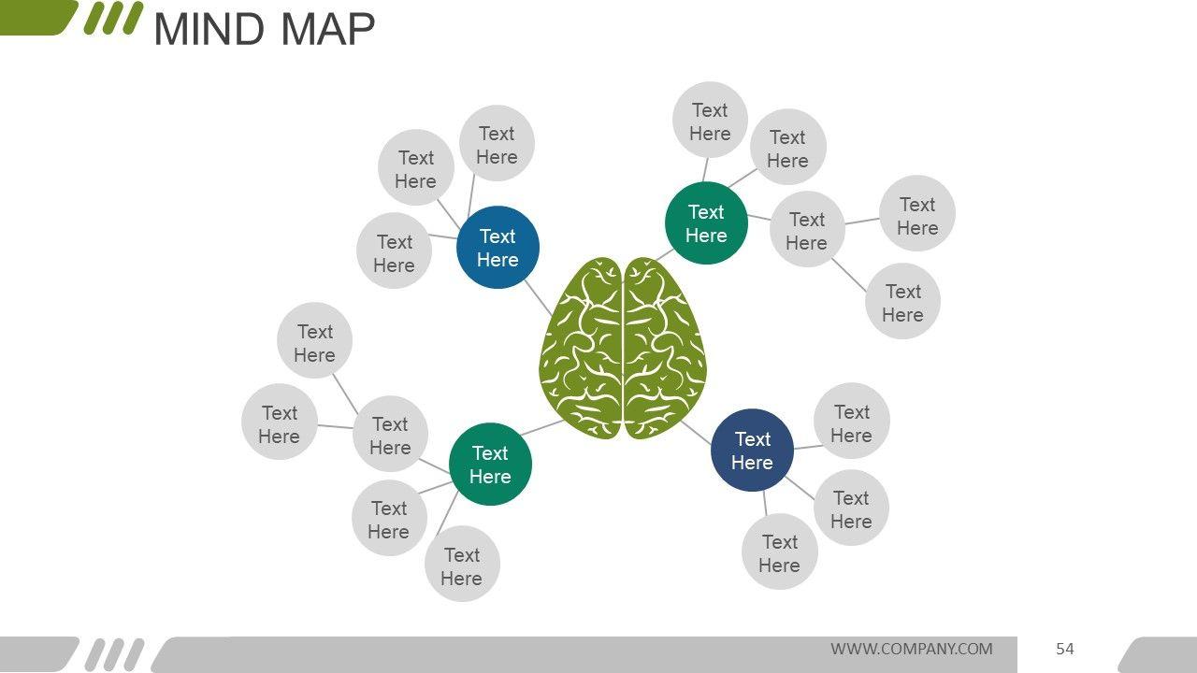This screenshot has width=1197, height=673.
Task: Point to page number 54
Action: pos(1065,649)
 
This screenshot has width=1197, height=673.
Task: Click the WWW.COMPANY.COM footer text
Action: pos(912,649)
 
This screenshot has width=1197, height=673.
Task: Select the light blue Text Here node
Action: pos(498,248)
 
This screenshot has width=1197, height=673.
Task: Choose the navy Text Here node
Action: pos(752,451)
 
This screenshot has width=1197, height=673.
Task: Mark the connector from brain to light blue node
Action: pos(539,298)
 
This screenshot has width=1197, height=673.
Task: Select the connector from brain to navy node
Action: pos(695,431)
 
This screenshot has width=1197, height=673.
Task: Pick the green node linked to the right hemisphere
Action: pos(706,223)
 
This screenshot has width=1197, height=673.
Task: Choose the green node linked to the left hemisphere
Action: pos(490,465)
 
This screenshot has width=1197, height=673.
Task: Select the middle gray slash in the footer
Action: pos(114,654)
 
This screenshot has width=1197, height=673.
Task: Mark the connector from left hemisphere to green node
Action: pos(541,428)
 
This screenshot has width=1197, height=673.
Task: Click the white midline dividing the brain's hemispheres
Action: pos(623,355)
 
